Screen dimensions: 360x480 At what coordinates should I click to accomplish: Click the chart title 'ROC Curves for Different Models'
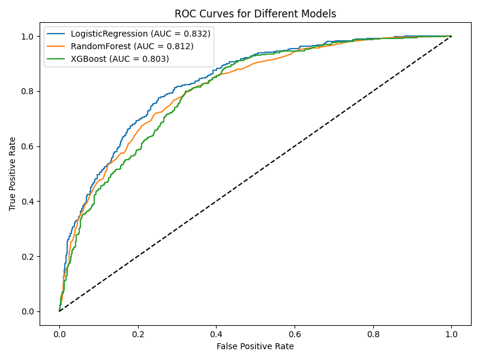pyautogui.click(x=255, y=14)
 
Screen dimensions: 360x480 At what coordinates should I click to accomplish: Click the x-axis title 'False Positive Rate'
pyautogui.click(x=255, y=346)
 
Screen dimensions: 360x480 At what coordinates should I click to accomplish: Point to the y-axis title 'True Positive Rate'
pyautogui.click(x=13, y=173)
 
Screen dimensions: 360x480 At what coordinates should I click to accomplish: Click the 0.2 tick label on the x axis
pyautogui.click(x=137, y=334)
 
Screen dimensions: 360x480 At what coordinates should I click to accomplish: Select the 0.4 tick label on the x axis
pyautogui.click(x=216, y=334)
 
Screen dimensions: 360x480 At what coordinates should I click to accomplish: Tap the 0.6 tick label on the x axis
pyautogui.click(x=294, y=334)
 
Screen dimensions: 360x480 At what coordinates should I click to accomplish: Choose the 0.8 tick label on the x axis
pyautogui.click(x=373, y=334)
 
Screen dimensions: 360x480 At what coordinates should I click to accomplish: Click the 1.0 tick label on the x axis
pyautogui.click(x=451, y=334)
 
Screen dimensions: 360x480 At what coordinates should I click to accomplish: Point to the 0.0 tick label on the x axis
pyautogui.click(x=59, y=334)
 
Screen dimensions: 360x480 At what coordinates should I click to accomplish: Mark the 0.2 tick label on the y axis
pyautogui.click(x=28, y=256)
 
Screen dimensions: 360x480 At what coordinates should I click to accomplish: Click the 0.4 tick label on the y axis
pyautogui.click(x=28, y=202)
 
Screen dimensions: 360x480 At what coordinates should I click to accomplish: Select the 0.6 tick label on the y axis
pyautogui.click(x=28, y=146)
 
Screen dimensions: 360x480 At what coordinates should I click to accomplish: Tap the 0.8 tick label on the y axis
pyautogui.click(x=28, y=91)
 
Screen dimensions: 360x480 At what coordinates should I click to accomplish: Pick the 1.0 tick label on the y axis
pyautogui.click(x=28, y=37)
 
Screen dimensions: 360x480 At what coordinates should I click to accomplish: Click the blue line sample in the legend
pyautogui.click(x=58, y=34)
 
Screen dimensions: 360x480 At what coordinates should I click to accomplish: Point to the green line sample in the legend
pyautogui.click(x=58, y=59)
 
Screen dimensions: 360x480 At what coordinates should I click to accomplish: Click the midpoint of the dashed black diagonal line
pyautogui.click(x=255, y=174)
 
